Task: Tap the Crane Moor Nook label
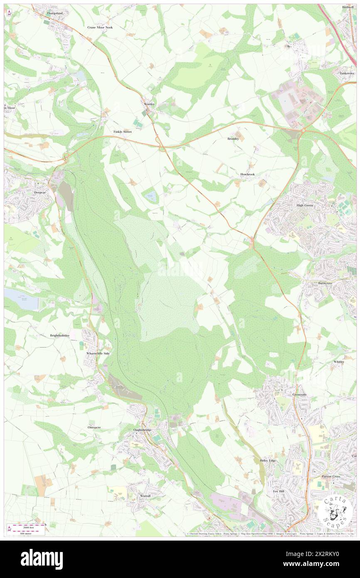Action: click(x=100, y=27)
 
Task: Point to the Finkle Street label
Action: click(x=123, y=132)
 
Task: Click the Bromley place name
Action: click(x=233, y=138)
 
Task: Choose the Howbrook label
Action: click(x=247, y=174)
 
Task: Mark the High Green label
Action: click(x=305, y=205)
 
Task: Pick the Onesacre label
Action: click(x=94, y=427)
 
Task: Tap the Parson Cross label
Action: click(x=331, y=476)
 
